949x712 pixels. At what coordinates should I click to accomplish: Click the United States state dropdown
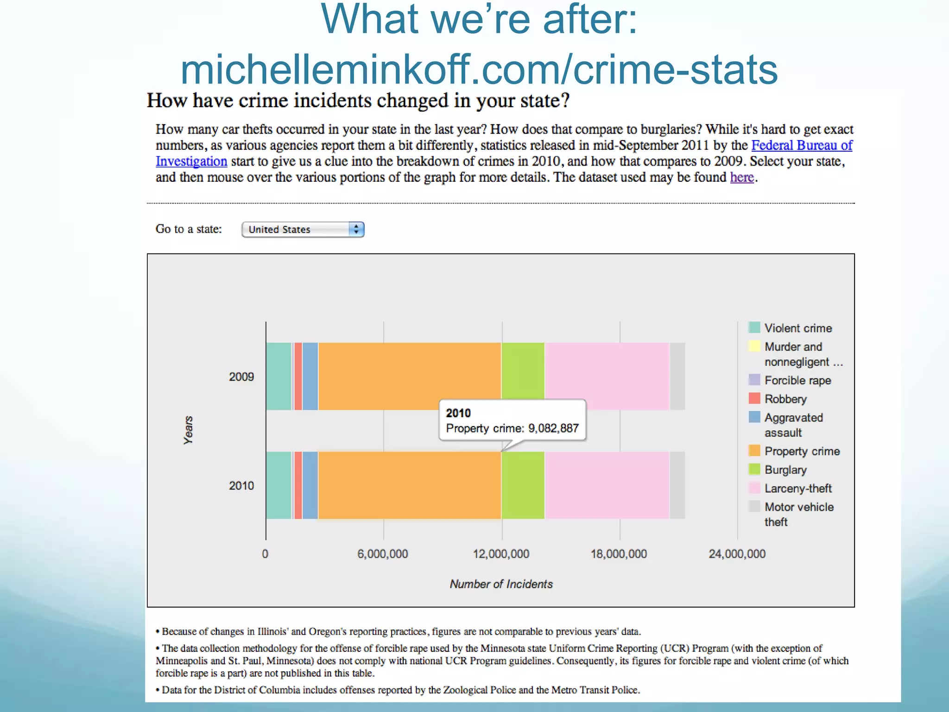point(303,229)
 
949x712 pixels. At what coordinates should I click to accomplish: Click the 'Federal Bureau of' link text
point(801,146)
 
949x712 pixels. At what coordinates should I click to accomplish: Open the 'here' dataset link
point(741,178)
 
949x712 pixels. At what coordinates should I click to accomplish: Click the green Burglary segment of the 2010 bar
point(523,485)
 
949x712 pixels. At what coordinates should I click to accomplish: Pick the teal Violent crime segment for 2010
point(278,485)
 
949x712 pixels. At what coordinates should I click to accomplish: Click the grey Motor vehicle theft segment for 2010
point(677,485)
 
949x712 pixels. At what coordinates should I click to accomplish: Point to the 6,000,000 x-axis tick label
point(382,554)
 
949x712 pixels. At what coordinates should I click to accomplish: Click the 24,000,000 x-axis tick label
point(737,554)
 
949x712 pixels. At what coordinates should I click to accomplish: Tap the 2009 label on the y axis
point(241,377)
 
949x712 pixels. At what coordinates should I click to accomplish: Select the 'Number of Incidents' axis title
point(501,584)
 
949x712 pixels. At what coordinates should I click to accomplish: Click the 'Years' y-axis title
point(188,430)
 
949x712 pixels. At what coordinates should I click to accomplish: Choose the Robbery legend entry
point(785,399)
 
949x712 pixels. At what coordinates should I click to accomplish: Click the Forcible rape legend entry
point(797,381)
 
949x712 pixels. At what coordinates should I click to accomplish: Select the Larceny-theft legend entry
point(797,489)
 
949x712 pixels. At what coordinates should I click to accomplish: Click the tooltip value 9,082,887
point(553,428)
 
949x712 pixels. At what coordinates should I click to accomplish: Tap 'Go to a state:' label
point(189,229)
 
